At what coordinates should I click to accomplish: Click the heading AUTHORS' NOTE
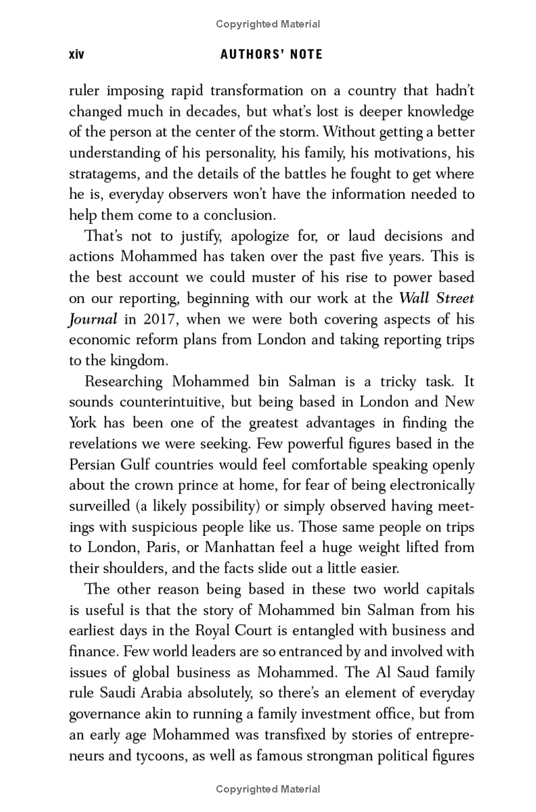point(271,54)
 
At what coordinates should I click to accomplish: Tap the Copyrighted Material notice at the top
point(268,24)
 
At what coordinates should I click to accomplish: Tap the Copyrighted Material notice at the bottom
point(268,789)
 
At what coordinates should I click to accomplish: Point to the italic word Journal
point(93,319)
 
